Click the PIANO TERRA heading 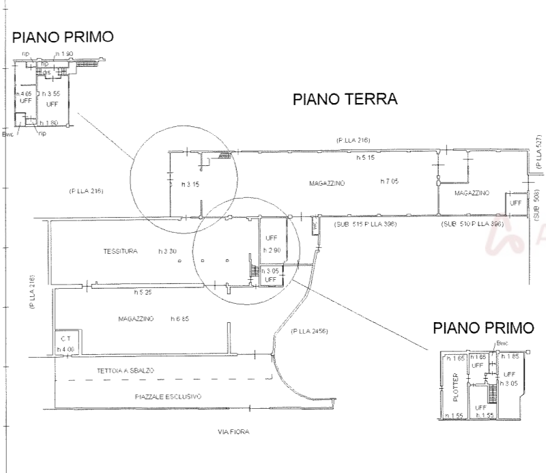[x=345, y=100]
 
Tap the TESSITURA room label [x=121, y=252]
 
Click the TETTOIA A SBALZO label [x=124, y=371]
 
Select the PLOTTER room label [x=455, y=386]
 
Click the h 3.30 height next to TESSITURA [x=167, y=252]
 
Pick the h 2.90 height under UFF [x=271, y=251]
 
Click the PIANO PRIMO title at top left [x=62, y=37]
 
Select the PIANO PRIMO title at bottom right [x=483, y=328]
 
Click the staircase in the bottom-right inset [x=489, y=394]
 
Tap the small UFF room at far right [x=515, y=203]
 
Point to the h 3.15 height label [x=189, y=184]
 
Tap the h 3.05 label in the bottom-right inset [x=508, y=384]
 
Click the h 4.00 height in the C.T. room [x=65, y=349]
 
